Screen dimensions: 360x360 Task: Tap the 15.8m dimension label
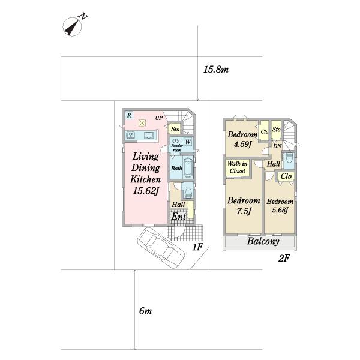pyautogui.click(x=216, y=70)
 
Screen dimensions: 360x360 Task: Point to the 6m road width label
pyautogui.click(x=145, y=311)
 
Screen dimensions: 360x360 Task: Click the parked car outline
pyautogui.click(x=161, y=247)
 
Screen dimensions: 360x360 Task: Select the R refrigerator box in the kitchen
pyautogui.click(x=129, y=115)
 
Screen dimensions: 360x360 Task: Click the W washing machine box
pyautogui.click(x=188, y=142)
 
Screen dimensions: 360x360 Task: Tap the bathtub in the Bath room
pyautogui.click(x=188, y=167)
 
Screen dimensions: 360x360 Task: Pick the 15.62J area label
pyautogui.click(x=146, y=191)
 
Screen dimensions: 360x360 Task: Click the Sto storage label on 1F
pyautogui.click(x=175, y=129)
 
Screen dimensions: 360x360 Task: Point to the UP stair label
pyautogui.click(x=158, y=118)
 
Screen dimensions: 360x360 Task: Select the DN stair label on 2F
pyautogui.click(x=277, y=146)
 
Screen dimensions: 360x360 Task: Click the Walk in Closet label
pyautogui.click(x=238, y=167)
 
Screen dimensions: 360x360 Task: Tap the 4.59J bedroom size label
pyautogui.click(x=242, y=145)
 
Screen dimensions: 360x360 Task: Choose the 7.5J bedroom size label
pyautogui.click(x=244, y=211)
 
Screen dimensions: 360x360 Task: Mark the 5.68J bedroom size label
pyautogui.click(x=280, y=210)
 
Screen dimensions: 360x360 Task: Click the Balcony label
pyautogui.click(x=263, y=241)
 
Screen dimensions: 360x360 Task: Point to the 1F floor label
pyautogui.click(x=197, y=247)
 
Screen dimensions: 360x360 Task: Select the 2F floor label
pyautogui.click(x=284, y=259)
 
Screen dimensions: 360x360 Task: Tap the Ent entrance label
pyautogui.click(x=179, y=216)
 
